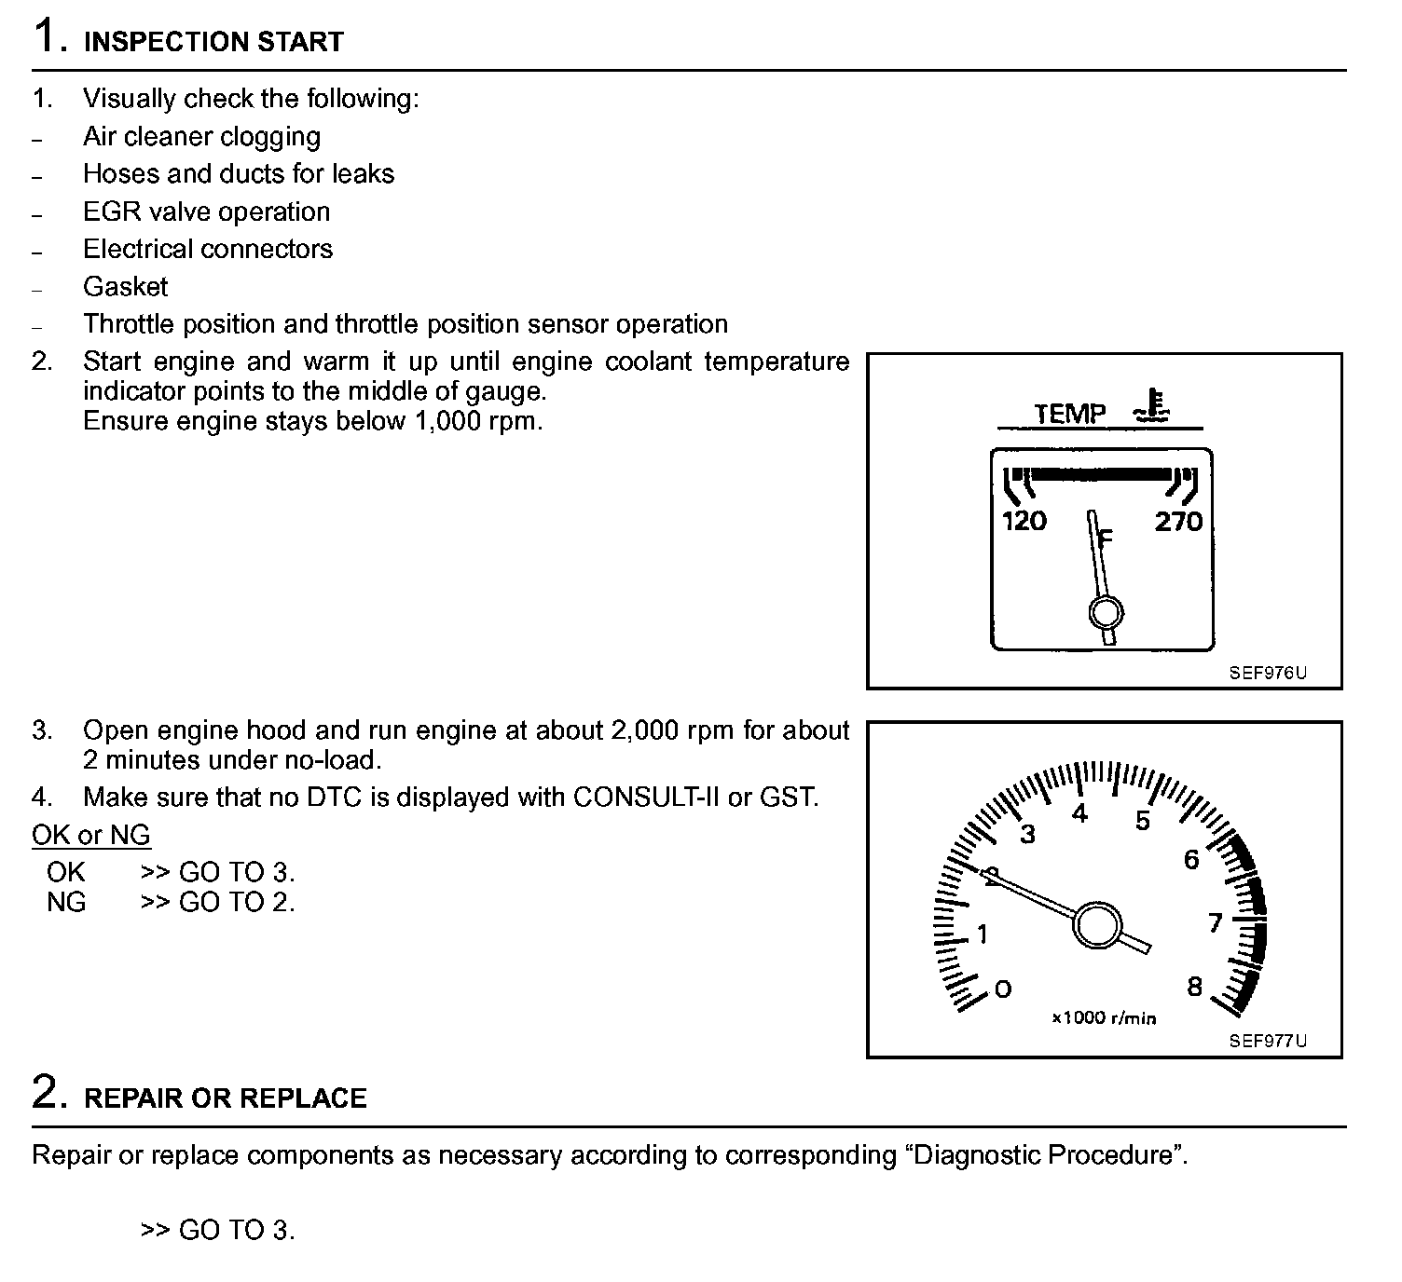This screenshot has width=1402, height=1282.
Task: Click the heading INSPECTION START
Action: [213, 42]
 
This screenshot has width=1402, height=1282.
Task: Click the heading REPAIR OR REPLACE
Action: [226, 1098]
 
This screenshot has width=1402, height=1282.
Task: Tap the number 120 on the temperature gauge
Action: [1024, 521]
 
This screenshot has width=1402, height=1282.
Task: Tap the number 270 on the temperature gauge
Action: [1178, 521]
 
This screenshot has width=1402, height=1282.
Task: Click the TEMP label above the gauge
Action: [1070, 413]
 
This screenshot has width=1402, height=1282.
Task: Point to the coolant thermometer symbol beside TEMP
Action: [1153, 407]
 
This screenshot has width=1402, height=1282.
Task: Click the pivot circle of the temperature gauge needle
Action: [1106, 613]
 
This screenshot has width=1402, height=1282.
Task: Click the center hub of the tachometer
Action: [1095, 925]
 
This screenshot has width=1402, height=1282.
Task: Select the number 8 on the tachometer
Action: [1195, 987]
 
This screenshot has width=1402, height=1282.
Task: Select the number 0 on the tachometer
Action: [1003, 989]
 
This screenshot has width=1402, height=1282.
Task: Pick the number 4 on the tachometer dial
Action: [1079, 814]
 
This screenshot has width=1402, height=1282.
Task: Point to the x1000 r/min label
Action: [1104, 1018]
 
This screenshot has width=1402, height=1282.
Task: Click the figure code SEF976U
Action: [1268, 673]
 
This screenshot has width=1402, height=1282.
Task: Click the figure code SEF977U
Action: [1268, 1041]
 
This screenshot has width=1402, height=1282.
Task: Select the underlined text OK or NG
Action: [91, 835]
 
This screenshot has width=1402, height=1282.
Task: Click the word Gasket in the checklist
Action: [126, 286]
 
